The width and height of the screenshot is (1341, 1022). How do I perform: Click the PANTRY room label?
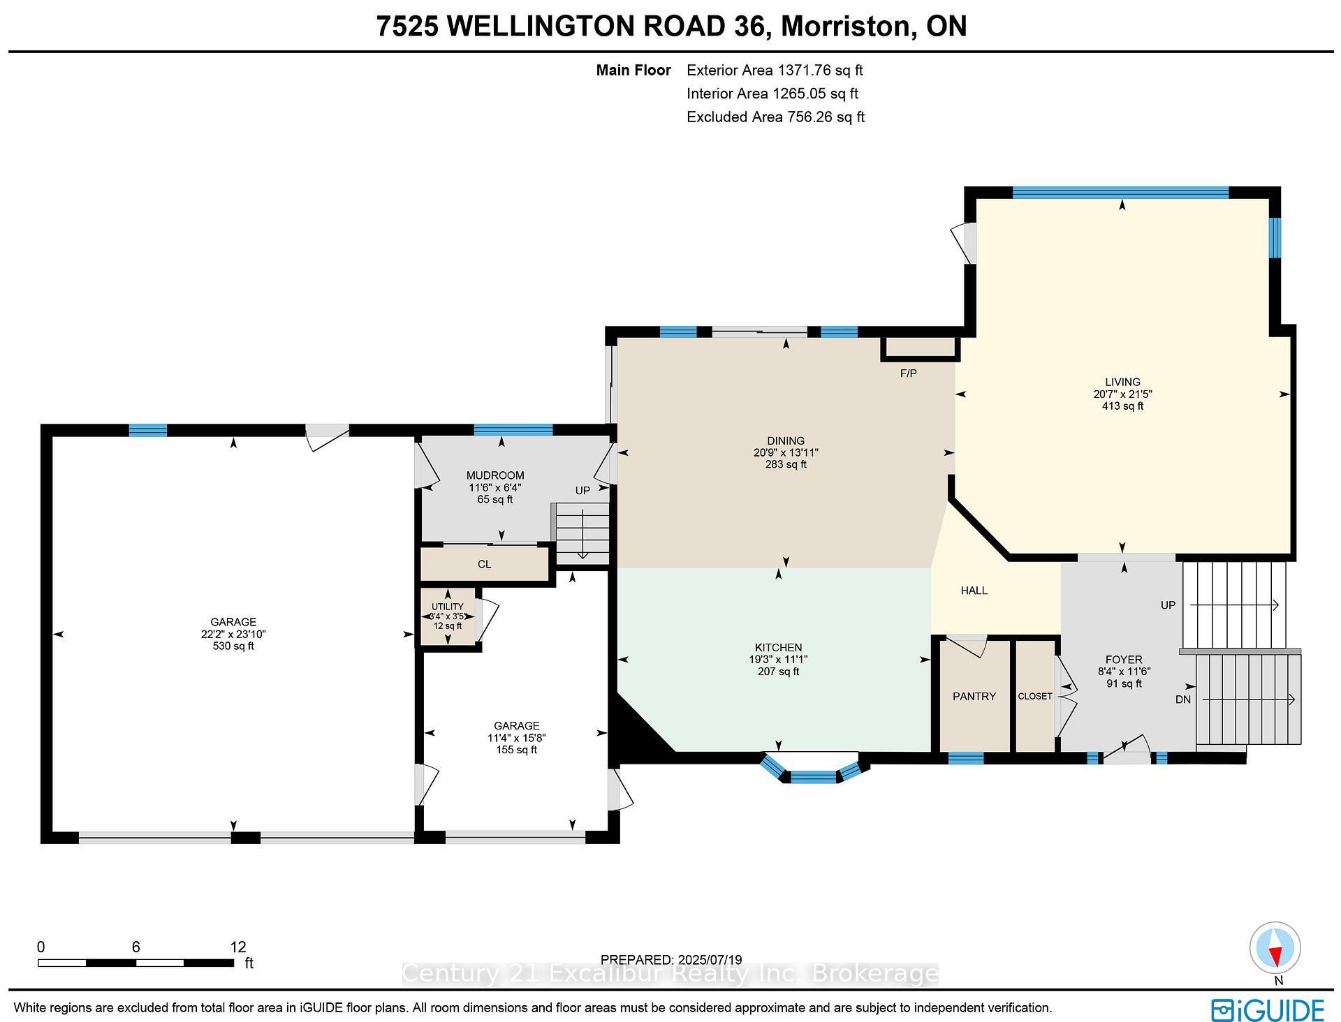pos(974,696)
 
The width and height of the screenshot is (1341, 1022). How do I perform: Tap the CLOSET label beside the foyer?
pos(1035,696)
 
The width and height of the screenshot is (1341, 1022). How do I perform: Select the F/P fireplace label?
pos(908,373)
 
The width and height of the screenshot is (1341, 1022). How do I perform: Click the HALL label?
pos(974,591)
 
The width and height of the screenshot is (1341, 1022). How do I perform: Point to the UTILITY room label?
pos(448,607)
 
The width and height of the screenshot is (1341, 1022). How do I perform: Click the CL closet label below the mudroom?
pos(484,564)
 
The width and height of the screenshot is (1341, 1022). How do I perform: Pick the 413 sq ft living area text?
pos(1122,406)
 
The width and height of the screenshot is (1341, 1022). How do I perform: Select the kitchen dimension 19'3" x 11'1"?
pos(779,659)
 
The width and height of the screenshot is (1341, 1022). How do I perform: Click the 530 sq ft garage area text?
pos(233,646)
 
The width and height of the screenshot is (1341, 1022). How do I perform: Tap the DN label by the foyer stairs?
pos(1183,699)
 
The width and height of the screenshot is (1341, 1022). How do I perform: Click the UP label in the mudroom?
pos(582,491)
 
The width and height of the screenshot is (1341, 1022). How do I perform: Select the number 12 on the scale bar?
pos(238,947)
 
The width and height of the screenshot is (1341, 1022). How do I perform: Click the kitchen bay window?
pos(814,771)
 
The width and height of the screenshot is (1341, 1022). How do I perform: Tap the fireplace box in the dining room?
pos(920,349)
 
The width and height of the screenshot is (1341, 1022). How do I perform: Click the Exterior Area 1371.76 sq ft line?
pos(775,70)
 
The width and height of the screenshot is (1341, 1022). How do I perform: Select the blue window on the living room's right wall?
pos(1275,237)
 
